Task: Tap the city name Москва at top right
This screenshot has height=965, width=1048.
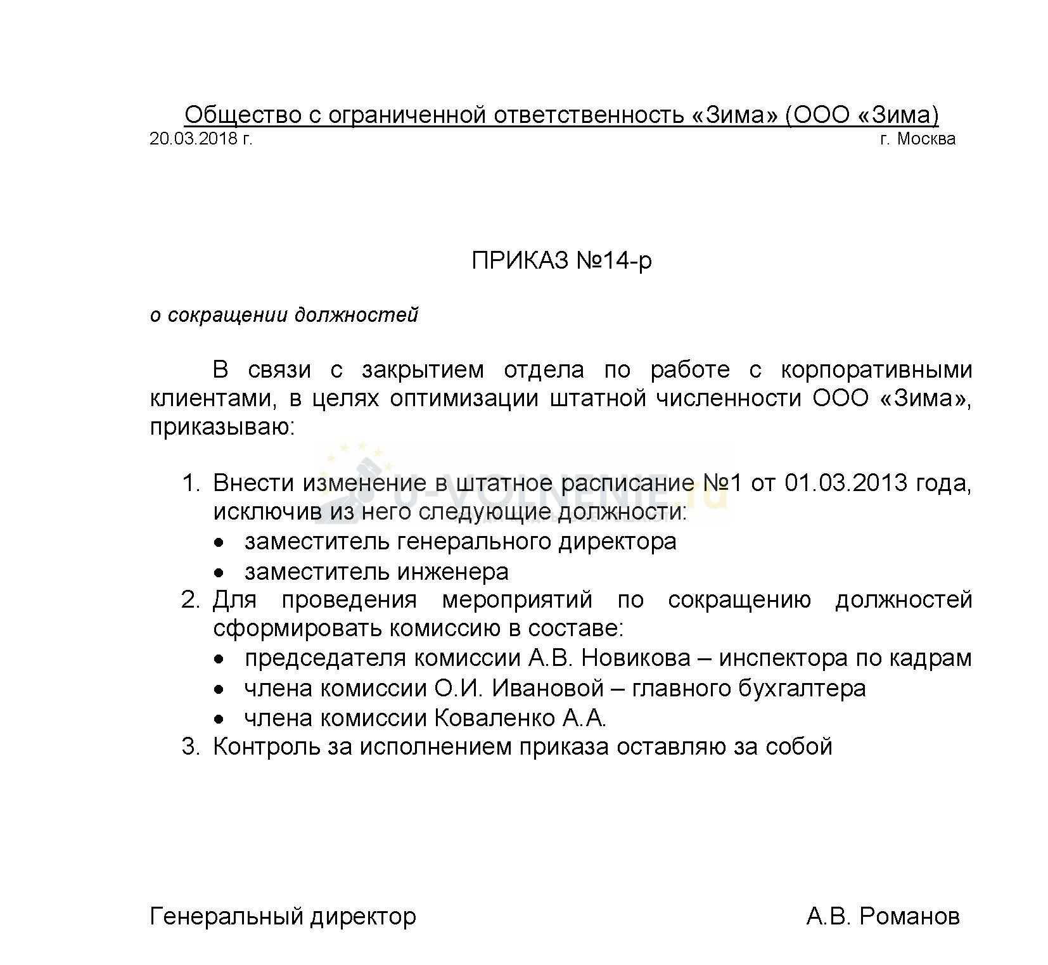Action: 926,139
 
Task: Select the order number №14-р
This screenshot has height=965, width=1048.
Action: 614,261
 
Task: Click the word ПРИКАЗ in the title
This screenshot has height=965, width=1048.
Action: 521,261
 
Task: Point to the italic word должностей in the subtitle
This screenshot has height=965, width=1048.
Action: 358,315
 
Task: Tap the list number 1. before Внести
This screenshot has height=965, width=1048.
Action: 191,483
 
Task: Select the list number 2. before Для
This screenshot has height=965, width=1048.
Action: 191,599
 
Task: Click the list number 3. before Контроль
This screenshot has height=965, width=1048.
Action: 191,747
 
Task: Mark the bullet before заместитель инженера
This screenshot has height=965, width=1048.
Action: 219,573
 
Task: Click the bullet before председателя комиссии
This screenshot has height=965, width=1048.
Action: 219,660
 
